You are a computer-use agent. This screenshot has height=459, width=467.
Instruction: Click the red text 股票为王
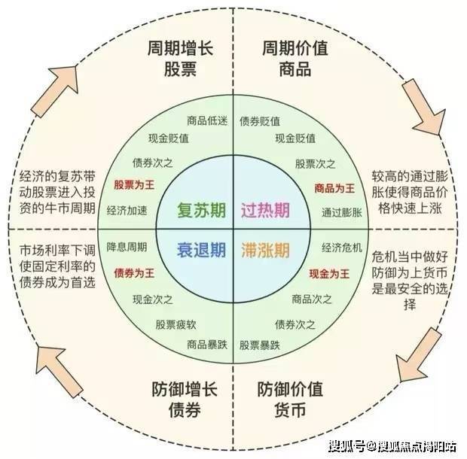[135, 184]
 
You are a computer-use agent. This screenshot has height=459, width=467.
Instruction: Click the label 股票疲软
[176, 324]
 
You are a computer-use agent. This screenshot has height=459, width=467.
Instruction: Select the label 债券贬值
[260, 120]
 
